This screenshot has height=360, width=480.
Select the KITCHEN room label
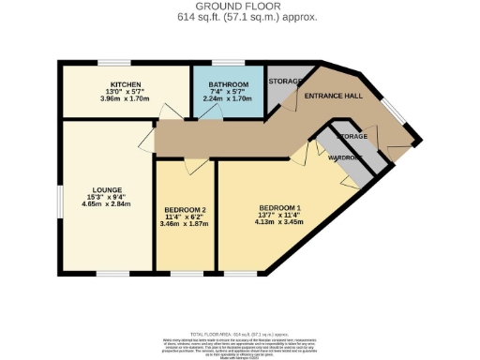(125, 84)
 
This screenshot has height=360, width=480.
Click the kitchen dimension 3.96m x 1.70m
(125, 97)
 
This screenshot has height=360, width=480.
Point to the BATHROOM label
(228, 84)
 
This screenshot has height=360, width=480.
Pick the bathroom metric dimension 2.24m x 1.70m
(228, 97)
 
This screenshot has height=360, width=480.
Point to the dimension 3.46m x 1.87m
(185, 224)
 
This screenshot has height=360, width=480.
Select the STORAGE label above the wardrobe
(352, 137)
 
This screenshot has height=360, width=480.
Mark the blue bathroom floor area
(228, 108)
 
